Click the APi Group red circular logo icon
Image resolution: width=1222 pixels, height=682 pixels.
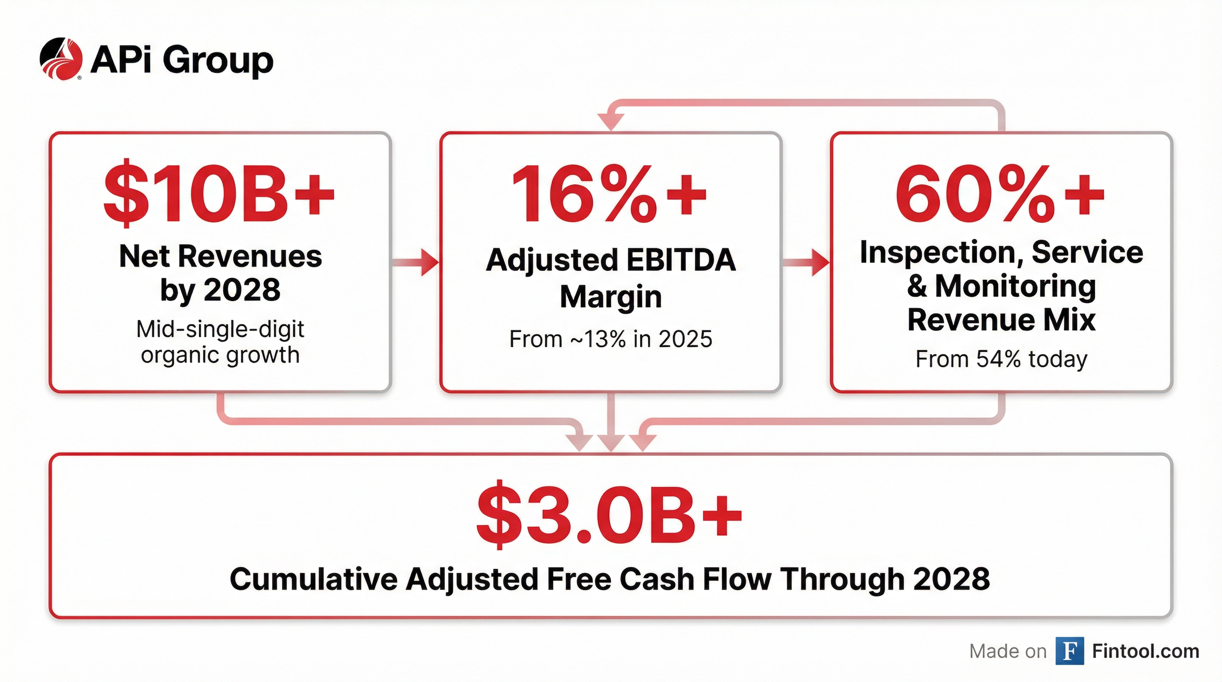(x=61, y=59)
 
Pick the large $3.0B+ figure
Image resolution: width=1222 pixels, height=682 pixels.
(x=610, y=514)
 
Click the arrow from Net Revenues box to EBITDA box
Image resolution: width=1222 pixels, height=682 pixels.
(x=416, y=262)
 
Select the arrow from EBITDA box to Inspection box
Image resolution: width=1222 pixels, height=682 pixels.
(x=806, y=262)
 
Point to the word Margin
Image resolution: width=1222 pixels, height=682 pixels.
(x=611, y=298)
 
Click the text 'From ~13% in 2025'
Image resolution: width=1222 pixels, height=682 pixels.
(x=611, y=339)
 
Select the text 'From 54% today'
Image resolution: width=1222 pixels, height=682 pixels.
(x=1001, y=359)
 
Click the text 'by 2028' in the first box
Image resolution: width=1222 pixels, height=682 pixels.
(x=220, y=290)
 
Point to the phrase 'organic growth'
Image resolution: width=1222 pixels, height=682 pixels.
(x=220, y=355)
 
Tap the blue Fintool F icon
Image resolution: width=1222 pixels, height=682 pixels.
(x=1070, y=651)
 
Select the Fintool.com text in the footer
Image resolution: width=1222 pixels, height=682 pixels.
(x=1146, y=651)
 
